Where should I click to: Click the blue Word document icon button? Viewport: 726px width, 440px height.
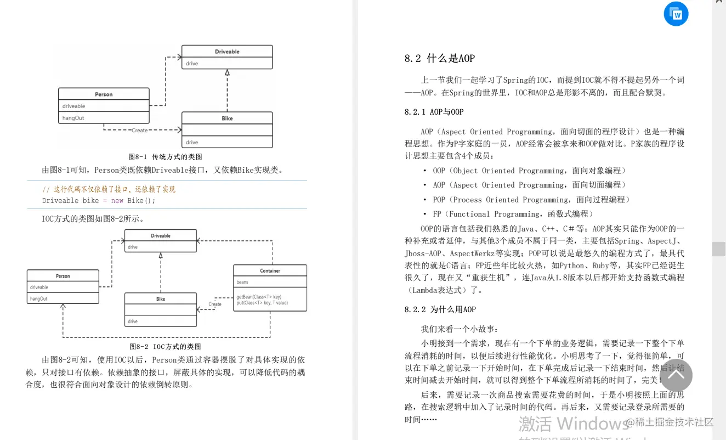(x=676, y=14)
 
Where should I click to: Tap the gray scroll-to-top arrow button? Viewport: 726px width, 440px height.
(x=676, y=375)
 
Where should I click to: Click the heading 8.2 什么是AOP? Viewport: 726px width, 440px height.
(x=440, y=59)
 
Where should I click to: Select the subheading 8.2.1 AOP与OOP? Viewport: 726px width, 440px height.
(x=434, y=112)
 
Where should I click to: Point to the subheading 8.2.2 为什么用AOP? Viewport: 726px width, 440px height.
(x=440, y=309)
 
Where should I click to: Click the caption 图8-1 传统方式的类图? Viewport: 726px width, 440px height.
(x=165, y=157)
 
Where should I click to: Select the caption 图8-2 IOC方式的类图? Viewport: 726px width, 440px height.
(x=165, y=347)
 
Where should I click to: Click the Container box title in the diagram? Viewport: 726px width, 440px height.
(x=270, y=270)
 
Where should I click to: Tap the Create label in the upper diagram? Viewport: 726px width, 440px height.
(x=139, y=131)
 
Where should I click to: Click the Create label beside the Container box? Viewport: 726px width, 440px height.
(x=215, y=304)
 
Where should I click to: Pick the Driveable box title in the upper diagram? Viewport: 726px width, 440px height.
(x=227, y=52)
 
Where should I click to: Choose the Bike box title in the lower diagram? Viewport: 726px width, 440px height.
(x=161, y=299)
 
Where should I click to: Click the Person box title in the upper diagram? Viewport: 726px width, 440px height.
(x=104, y=94)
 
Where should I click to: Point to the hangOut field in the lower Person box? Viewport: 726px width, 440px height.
(x=39, y=299)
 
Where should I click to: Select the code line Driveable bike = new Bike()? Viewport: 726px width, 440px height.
(x=99, y=201)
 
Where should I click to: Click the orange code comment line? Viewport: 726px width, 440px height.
(x=109, y=189)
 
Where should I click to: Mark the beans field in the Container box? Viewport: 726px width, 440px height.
(x=242, y=282)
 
